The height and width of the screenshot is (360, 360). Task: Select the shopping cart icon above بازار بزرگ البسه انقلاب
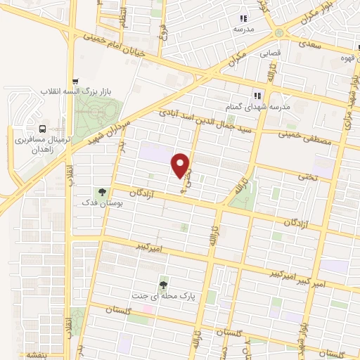[x=75, y=80]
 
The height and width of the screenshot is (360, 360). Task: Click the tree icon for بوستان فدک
[x=103, y=191]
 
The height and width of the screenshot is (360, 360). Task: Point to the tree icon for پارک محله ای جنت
[x=164, y=284]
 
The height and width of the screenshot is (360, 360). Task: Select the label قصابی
[x=271, y=53]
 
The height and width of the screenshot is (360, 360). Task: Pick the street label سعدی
[x=310, y=44]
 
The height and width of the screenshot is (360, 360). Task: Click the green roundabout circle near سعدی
[x=281, y=34]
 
